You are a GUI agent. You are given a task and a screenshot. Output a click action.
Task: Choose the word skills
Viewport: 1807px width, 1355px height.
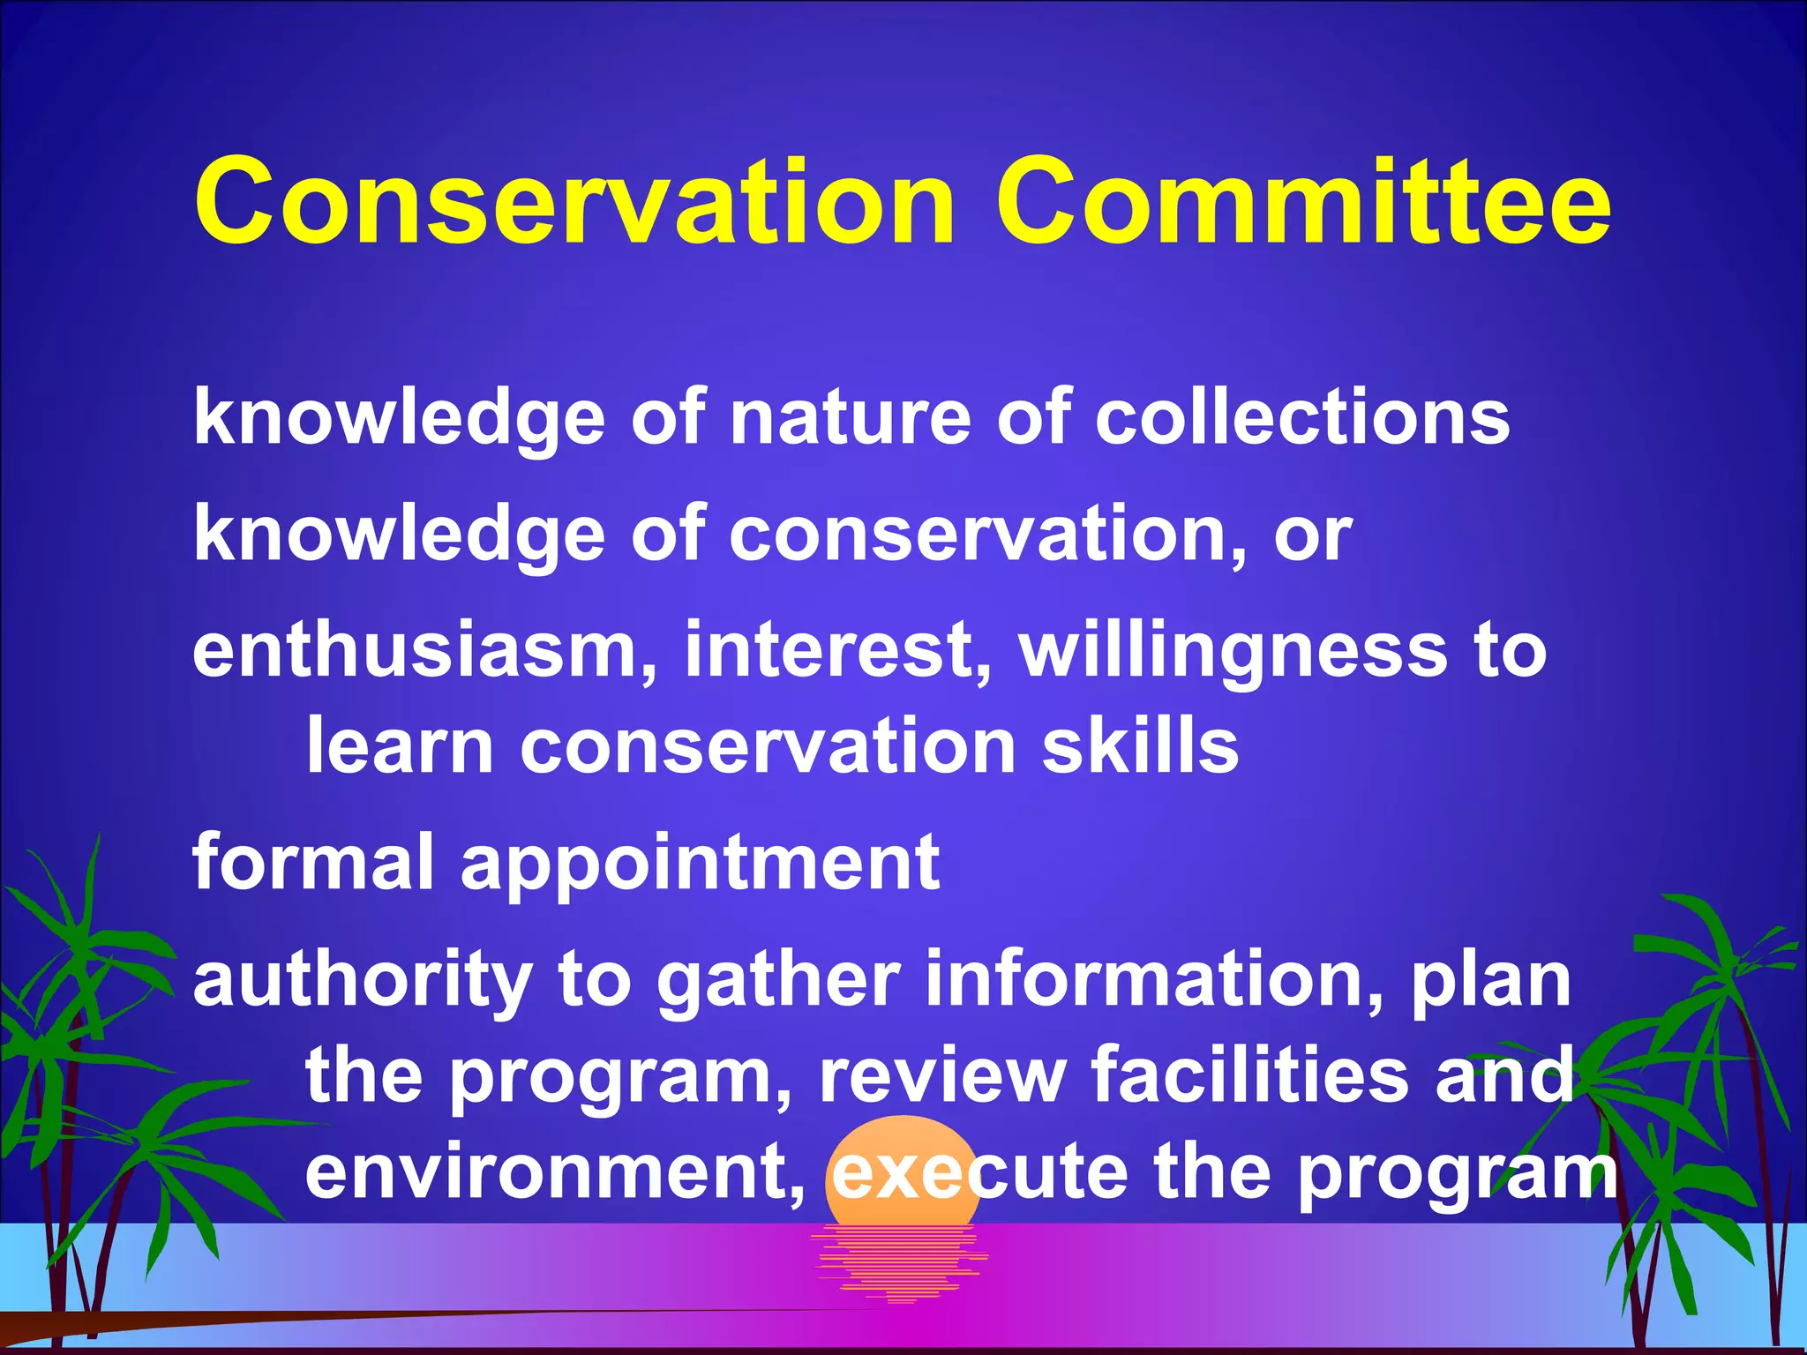pyautogui.click(x=1140, y=746)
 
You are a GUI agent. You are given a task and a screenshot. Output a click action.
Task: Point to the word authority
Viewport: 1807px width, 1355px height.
pyautogui.click(x=363, y=982)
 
